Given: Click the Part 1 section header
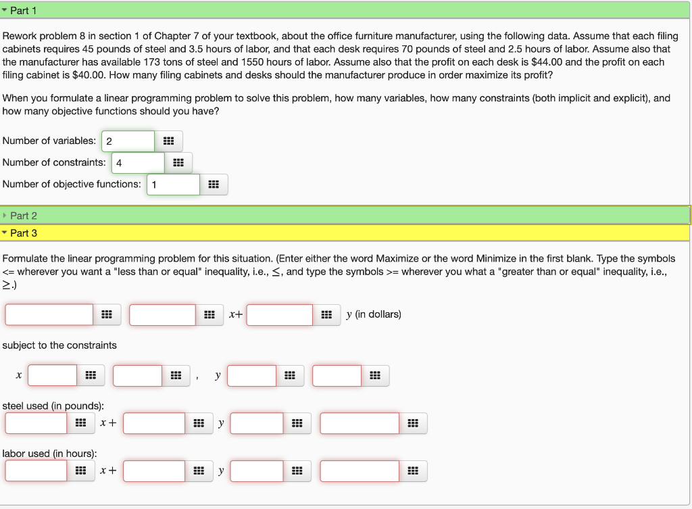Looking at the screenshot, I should (24, 10).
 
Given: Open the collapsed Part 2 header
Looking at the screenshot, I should (24, 216).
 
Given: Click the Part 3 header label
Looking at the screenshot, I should (24, 233).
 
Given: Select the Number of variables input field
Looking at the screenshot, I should (128, 141).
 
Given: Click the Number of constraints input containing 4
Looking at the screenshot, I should (138, 163).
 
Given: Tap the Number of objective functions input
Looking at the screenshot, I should (173, 185).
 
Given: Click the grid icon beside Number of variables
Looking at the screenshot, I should (169, 141).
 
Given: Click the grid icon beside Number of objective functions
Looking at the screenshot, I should (214, 185).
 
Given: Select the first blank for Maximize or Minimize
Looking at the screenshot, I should (49, 315).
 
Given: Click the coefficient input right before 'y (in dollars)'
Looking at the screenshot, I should (280, 315).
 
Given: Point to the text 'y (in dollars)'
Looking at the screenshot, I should (374, 314).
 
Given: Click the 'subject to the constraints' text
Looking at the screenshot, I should (59, 345).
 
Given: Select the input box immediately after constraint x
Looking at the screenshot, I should (53, 375).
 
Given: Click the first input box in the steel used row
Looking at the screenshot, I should (36, 423).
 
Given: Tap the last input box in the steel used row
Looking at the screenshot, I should (360, 423).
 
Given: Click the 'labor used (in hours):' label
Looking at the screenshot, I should (49, 454).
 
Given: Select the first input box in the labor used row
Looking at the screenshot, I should (36, 470).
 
